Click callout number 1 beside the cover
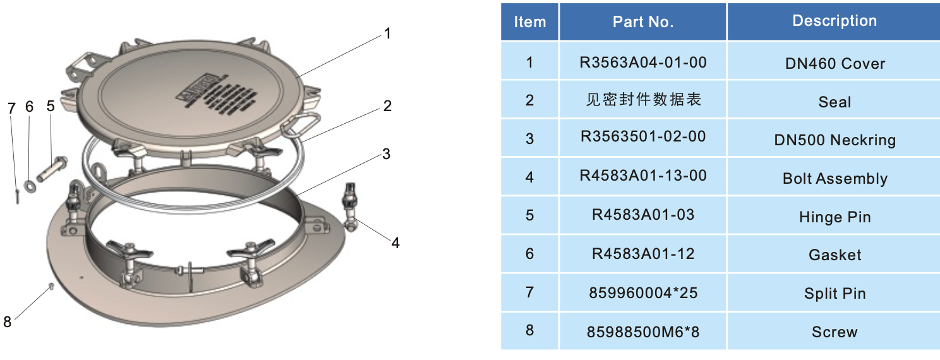387,33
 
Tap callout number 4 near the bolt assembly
395,243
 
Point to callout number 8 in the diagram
8,322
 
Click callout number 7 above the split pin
11,108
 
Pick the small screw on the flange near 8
50,287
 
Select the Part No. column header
642,22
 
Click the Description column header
834,21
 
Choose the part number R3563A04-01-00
642,63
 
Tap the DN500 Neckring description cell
834,140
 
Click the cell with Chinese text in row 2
642,100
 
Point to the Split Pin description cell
834,294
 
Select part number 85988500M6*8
642,331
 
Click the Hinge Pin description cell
834,217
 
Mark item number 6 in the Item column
529,254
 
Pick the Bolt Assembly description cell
834,179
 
